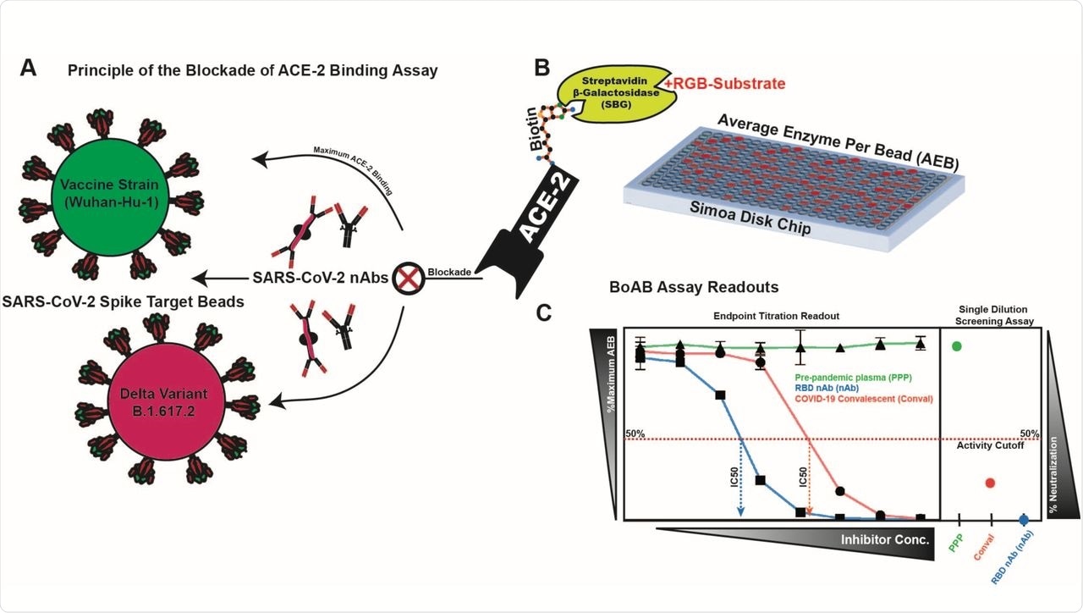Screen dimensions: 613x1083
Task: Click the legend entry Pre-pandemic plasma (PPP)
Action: click(x=858, y=375)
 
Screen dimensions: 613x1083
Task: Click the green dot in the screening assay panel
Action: click(x=957, y=345)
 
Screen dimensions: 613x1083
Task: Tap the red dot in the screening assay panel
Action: click(x=990, y=483)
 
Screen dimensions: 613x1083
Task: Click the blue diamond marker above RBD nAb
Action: click(x=1024, y=518)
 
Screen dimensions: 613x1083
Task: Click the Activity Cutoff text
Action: click(x=991, y=445)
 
